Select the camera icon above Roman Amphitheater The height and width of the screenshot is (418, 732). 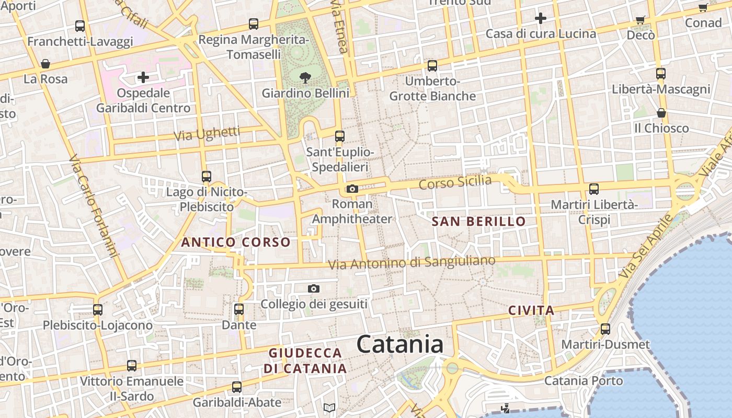[352, 189]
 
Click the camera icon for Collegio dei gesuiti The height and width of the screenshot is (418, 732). [314, 288]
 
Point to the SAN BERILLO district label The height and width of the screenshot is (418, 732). [478, 222]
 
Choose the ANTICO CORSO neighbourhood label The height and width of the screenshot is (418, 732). [235, 242]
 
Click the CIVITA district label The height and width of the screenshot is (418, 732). [531, 311]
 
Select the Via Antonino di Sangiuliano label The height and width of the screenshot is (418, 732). [411, 263]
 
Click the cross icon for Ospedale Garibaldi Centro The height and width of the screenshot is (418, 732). [143, 78]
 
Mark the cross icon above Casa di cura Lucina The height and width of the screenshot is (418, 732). [540, 19]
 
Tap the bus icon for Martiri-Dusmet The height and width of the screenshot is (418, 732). [605, 329]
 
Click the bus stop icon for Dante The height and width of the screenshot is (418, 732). [239, 309]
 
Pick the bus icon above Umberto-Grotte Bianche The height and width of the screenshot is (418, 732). [432, 66]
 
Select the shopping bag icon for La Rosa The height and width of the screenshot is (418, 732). [45, 64]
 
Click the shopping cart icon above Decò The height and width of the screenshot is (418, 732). [641, 20]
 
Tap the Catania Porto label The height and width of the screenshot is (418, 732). [584, 381]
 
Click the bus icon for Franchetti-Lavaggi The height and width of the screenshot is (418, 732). [80, 26]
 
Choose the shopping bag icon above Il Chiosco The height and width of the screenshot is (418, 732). [661, 113]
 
